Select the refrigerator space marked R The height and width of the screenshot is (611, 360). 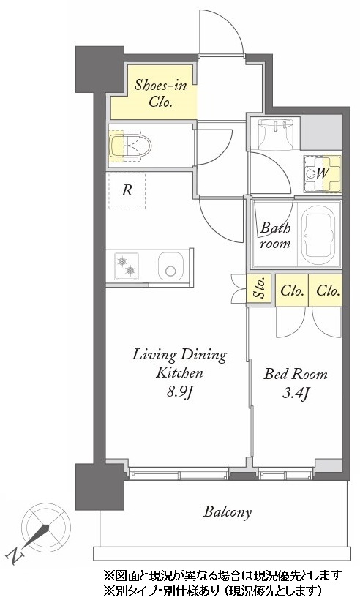pos(127,191)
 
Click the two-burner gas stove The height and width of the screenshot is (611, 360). pos(127,265)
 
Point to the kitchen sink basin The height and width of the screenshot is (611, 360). pos(170,266)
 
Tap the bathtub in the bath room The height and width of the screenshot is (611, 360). pos(319,235)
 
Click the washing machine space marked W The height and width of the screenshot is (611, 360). pos(322,173)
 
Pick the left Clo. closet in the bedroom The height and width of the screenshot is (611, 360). pos(292,290)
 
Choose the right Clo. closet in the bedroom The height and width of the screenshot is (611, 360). pos(326,290)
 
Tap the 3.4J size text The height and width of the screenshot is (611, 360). pos(296,393)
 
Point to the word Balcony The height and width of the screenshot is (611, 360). pos(228,511)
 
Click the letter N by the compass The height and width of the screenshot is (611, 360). pos(14,556)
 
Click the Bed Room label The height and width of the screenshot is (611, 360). pos(296,374)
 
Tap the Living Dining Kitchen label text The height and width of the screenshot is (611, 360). pos(179,364)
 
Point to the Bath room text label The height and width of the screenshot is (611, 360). pos(275,235)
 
